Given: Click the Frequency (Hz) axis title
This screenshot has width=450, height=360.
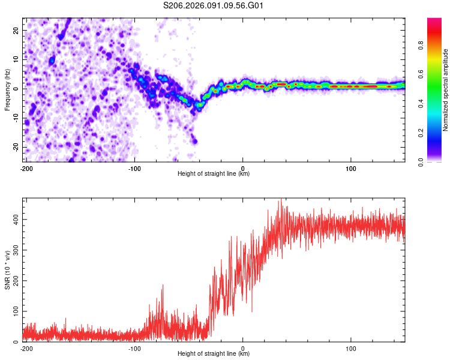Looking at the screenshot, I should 8,89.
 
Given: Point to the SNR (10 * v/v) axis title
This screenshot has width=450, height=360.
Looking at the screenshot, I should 8,269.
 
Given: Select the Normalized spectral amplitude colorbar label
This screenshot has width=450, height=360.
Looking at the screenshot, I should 446,90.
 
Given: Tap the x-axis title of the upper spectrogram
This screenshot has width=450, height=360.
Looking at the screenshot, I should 214,174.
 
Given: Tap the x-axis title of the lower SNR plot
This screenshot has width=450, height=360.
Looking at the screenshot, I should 214,354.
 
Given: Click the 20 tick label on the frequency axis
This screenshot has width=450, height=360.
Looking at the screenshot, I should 17,30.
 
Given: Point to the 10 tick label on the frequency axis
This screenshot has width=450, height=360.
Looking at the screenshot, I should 17,59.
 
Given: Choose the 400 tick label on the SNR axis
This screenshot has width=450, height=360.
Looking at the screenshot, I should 15,220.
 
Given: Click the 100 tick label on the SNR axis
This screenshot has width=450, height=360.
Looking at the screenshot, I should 15,311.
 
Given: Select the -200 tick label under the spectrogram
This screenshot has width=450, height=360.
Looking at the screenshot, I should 26,168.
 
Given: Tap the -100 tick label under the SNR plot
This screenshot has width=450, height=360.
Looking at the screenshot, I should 134,348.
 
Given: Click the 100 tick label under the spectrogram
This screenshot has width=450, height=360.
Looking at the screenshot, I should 351,168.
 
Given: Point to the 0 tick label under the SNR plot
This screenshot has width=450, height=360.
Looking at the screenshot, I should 243,348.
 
